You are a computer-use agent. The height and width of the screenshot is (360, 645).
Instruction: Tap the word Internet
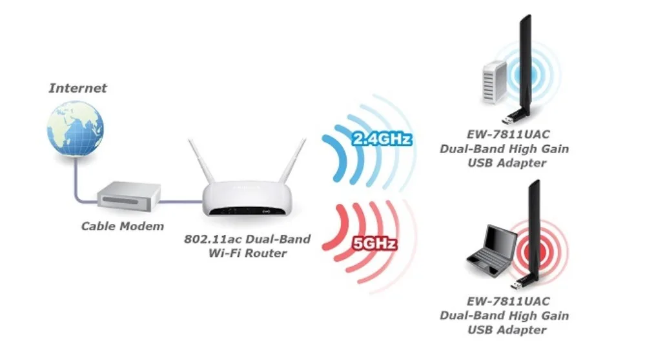tap(78, 88)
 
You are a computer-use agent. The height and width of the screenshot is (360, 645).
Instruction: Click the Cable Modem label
tap(123, 226)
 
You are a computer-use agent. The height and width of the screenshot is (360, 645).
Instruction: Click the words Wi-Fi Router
tap(249, 253)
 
